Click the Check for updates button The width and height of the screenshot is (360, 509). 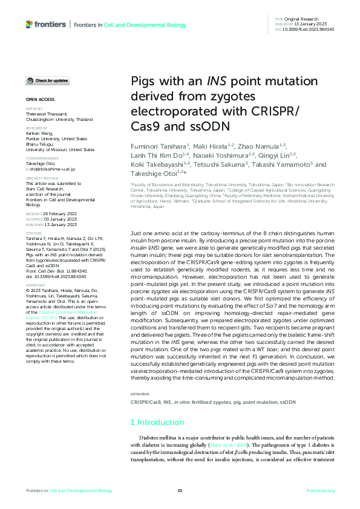47,80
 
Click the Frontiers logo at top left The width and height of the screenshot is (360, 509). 45,24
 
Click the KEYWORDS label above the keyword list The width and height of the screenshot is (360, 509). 140,394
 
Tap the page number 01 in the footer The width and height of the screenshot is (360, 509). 180,491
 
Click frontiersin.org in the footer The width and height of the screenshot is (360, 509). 320,491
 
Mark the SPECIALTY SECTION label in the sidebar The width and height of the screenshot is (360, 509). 42,179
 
